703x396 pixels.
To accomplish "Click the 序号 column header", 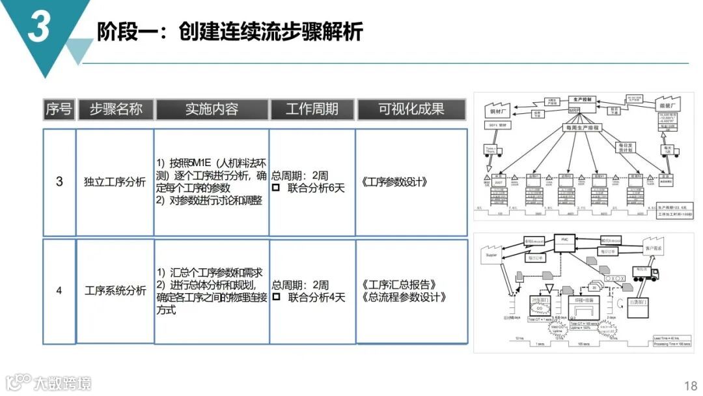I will (x=59, y=109).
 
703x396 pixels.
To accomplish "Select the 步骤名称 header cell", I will (x=115, y=109).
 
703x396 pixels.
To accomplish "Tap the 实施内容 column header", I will (x=212, y=109).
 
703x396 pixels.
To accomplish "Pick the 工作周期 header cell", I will (x=312, y=109).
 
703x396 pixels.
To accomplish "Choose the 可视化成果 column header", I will (x=411, y=109).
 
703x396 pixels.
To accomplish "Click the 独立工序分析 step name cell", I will (x=115, y=182).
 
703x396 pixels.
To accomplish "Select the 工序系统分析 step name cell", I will (x=115, y=290).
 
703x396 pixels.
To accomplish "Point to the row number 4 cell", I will (x=59, y=290).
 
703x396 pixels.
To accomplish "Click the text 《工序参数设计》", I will (x=394, y=182).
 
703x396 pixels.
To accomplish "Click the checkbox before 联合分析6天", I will (x=276, y=188).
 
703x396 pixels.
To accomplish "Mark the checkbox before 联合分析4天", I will (x=276, y=298).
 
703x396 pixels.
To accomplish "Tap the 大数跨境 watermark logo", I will (x=49, y=382).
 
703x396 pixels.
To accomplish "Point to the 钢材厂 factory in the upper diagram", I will (x=499, y=108).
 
